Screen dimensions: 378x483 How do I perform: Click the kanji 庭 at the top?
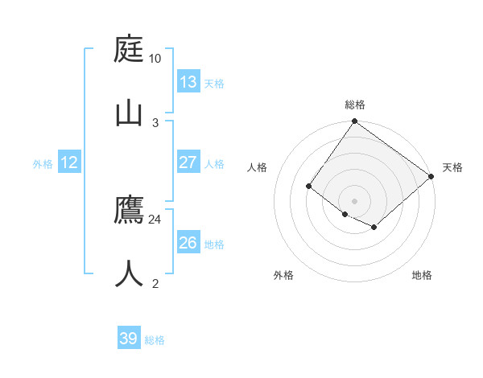point(130,50)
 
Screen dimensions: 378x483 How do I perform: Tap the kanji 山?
point(130,111)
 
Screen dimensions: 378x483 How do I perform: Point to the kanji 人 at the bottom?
point(130,273)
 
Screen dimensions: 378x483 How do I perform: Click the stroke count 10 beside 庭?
point(155,59)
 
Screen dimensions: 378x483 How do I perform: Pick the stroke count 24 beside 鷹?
point(155,219)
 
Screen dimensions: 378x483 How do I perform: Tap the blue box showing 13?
point(188,82)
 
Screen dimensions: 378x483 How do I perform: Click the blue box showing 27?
point(188,162)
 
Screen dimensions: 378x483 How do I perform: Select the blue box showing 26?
point(188,243)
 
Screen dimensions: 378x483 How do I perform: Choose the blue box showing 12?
point(69,162)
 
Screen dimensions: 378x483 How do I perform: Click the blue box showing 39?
point(129,339)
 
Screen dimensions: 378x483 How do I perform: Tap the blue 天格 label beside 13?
point(214,84)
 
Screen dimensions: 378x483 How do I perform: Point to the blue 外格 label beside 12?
point(43,164)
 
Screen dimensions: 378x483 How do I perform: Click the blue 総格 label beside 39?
point(155,340)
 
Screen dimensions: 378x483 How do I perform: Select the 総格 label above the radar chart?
point(355,105)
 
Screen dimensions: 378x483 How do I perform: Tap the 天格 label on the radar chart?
point(452,167)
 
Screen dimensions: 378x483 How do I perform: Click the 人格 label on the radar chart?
point(257,167)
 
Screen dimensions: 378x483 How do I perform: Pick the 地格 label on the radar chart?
point(422,275)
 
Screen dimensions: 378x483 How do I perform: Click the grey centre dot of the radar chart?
point(354,200)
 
